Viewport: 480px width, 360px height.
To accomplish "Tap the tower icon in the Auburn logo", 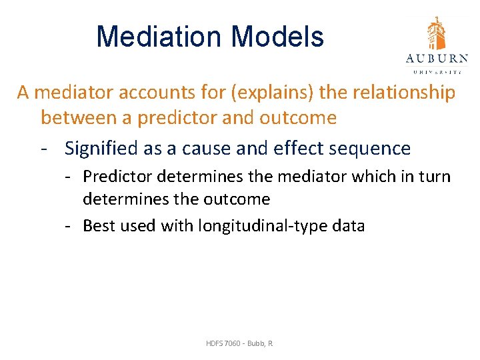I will pos(436,33).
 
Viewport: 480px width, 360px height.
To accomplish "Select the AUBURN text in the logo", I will pos(437,58).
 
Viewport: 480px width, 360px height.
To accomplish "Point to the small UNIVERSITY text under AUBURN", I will pos(437,70).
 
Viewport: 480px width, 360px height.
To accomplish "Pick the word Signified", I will pos(104,149).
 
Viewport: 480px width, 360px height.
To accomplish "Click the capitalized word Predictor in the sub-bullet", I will pos(115,177).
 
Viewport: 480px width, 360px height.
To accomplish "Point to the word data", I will pos(347,226).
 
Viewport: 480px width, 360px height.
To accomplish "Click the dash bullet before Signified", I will pos(45,149).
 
